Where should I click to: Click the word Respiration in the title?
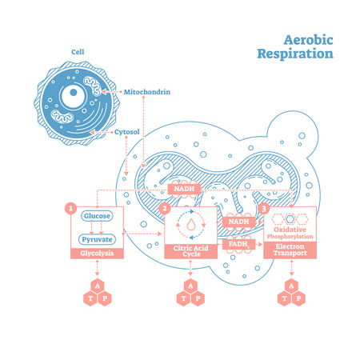[x=294, y=54]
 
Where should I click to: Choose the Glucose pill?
[x=95, y=216]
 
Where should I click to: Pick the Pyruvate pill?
[x=95, y=238]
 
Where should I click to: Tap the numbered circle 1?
[x=70, y=210]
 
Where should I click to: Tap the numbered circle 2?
[x=166, y=210]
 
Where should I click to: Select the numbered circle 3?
[x=266, y=210]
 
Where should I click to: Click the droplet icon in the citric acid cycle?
[x=190, y=227]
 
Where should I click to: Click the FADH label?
[x=237, y=242]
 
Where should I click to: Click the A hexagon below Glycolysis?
[x=95, y=284]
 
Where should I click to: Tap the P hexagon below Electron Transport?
[x=299, y=298]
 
